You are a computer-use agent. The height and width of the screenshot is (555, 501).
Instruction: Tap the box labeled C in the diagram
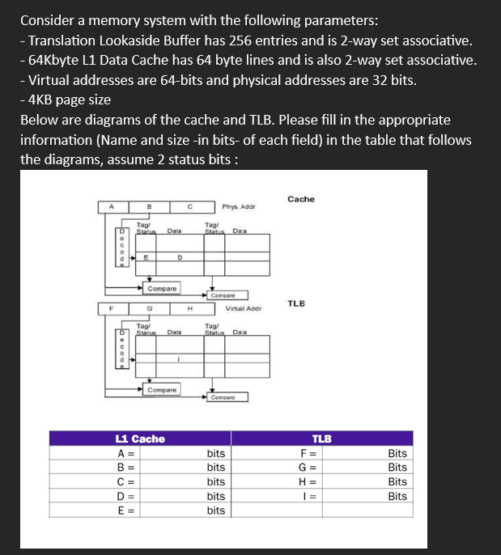[x=188, y=206]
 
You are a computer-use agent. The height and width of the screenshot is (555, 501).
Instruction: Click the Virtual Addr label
[x=243, y=308]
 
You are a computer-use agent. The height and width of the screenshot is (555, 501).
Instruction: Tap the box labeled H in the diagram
[x=188, y=308]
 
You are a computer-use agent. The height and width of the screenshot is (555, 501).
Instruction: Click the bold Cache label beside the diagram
[x=300, y=199]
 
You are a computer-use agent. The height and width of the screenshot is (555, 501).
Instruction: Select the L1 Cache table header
[x=141, y=438]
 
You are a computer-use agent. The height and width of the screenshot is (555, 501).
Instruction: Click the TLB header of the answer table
[x=322, y=438]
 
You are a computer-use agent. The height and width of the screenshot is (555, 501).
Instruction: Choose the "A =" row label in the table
[x=125, y=453]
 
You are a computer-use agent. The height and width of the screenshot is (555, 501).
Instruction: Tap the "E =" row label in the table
[x=125, y=511]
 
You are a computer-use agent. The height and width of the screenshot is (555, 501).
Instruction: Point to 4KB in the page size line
[x=42, y=100]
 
